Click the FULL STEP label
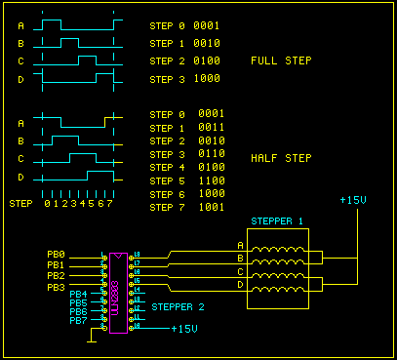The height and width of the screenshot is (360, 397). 282,60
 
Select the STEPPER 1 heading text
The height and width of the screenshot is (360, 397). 278,220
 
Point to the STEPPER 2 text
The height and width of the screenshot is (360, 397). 178,307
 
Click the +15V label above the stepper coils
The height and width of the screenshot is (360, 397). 353,200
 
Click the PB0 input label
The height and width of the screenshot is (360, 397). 56,255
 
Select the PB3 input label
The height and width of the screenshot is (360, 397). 56,288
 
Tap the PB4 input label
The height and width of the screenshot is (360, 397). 78,294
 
